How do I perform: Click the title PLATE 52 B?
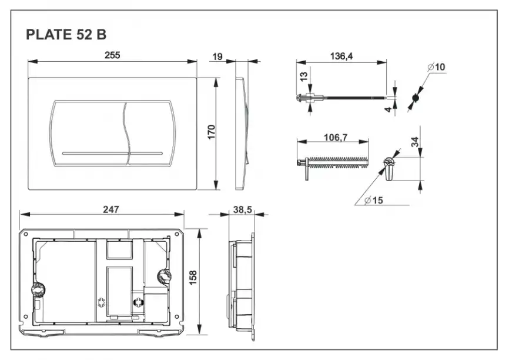(x=66, y=35)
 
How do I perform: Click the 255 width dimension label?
(x=112, y=55)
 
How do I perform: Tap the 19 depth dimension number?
(x=217, y=56)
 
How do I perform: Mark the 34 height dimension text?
(x=416, y=142)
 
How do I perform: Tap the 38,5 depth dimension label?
(x=242, y=209)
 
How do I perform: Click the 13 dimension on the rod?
(x=303, y=78)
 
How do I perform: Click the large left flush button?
(x=89, y=132)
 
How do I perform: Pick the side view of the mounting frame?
(x=242, y=286)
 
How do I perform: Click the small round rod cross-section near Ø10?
(x=416, y=97)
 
